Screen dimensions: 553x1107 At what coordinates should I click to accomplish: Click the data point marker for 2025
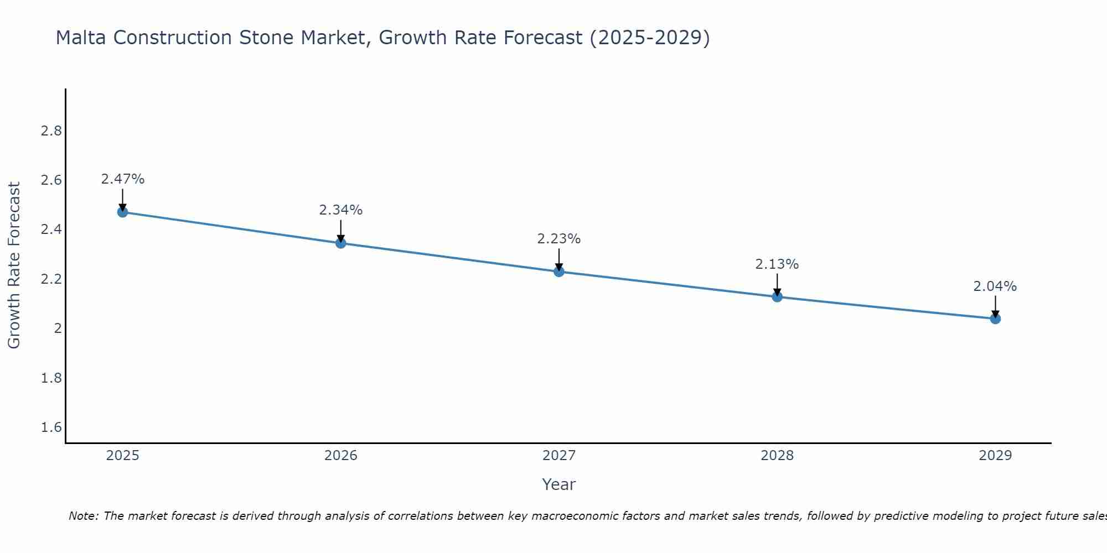123,212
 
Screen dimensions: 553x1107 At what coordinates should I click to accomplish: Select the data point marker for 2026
341,243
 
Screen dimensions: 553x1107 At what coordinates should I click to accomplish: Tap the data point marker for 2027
559,272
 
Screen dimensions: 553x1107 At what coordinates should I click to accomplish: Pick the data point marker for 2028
777,297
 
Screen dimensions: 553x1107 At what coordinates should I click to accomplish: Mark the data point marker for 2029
995,319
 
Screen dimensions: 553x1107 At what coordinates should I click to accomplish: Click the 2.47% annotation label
123,179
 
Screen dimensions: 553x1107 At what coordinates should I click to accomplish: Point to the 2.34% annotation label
341,210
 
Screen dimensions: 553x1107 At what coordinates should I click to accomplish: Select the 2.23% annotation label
559,239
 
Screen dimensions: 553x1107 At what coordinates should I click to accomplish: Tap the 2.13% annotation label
777,264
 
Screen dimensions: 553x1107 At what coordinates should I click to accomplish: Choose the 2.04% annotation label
995,286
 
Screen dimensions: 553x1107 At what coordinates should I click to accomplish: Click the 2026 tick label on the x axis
341,456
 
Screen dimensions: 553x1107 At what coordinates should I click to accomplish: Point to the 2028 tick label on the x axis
777,456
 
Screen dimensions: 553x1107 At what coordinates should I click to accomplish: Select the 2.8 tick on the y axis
51,131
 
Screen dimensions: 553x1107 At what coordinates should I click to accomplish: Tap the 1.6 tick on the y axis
51,427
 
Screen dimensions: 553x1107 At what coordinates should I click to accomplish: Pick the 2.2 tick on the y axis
51,279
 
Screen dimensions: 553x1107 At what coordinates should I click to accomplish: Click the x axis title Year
559,484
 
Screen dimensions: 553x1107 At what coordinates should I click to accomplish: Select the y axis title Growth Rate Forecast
14,265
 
